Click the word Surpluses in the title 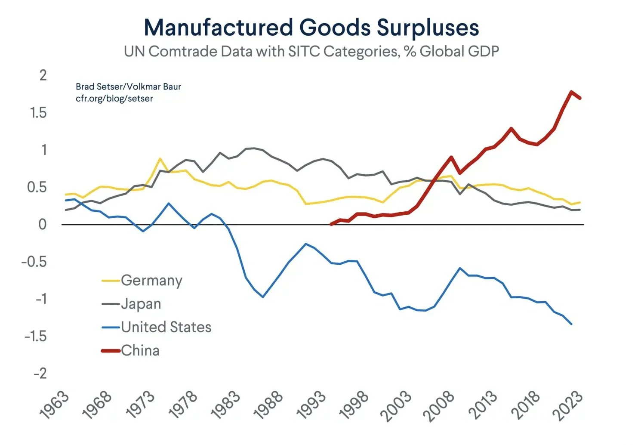point(428,28)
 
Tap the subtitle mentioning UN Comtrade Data point(311,51)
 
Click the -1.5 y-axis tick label point(35,336)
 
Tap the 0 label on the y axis point(42,224)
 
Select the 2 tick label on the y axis point(43,75)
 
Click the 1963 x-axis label point(54,405)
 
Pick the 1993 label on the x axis point(311,405)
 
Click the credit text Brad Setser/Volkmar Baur point(128,87)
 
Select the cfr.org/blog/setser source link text point(114,99)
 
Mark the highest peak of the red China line point(571,92)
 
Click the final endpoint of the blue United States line point(571,324)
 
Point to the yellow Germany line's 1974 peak point(160,158)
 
